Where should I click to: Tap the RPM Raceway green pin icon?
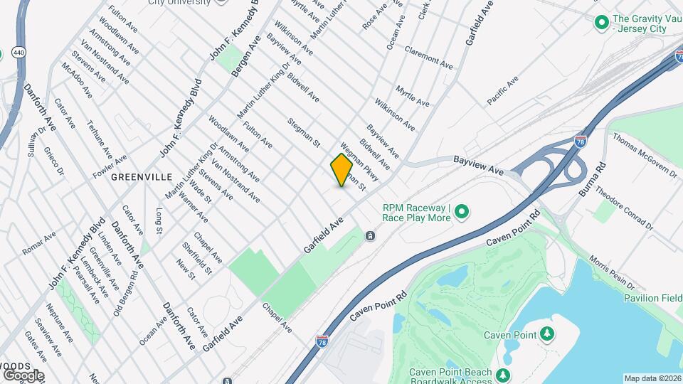coord(461,211)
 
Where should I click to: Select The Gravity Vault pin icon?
coord(602,23)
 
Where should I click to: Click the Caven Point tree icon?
coord(546,334)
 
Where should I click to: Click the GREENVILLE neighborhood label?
coord(142,176)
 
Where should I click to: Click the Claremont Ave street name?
coord(428,58)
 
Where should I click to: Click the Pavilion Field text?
coord(652,298)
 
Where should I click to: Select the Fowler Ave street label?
coord(110,166)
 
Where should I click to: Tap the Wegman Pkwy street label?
coord(359,162)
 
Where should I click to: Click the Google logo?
coord(23,375)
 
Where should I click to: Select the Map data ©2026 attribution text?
coord(652,378)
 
